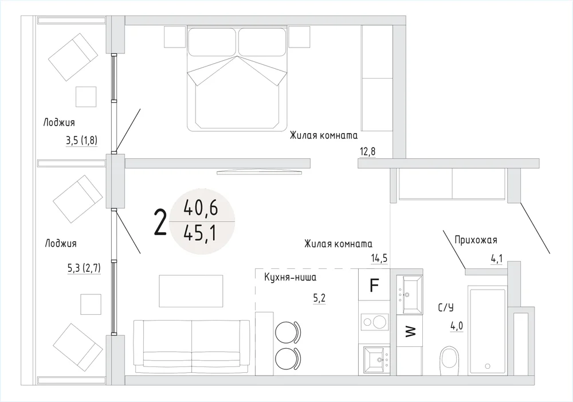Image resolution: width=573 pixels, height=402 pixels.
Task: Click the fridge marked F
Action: point(374,284)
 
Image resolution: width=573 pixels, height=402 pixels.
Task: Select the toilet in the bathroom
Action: point(450,360)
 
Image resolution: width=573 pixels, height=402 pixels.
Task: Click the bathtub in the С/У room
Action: point(487,330)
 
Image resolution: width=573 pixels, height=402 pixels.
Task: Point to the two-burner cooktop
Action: point(374,322)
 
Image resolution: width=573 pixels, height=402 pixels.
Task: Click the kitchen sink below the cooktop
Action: point(377,360)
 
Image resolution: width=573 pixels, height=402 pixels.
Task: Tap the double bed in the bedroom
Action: point(237,79)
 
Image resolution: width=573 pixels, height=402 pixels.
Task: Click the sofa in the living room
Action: point(191,346)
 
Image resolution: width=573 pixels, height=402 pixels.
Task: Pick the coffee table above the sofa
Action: point(191,291)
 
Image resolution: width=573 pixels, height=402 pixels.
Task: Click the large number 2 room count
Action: point(160,222)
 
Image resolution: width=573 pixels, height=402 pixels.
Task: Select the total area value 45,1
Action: point(201,233)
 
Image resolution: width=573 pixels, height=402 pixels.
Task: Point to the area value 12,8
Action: point(368,151)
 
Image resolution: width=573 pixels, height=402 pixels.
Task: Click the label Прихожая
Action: point(476,240)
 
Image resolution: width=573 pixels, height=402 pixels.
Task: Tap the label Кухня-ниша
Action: point(291,277)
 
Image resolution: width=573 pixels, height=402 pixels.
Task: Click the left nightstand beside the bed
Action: point(175,37)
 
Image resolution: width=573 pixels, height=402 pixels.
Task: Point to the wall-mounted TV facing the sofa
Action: point(260,172)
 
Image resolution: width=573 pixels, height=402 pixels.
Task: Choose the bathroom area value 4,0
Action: point(457,326)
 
